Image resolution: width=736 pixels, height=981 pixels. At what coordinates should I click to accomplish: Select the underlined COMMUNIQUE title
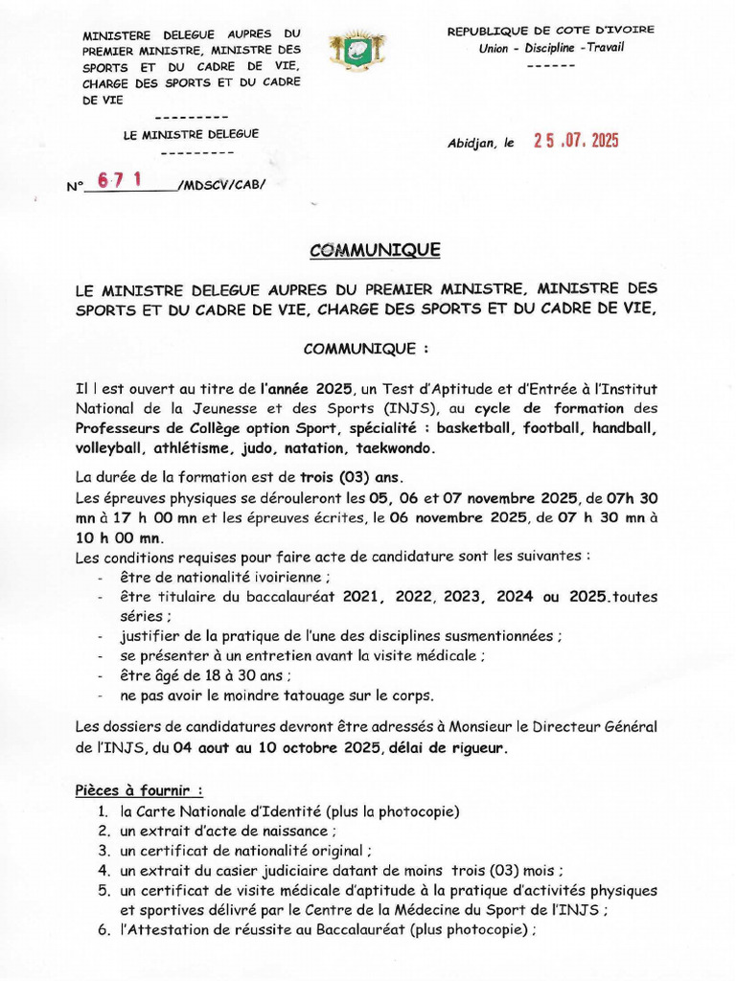click(375, 250)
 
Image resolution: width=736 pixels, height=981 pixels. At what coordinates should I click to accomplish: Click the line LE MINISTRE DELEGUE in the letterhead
click(191, 135)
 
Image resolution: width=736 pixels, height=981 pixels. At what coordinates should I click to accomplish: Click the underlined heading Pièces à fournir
click(139, 791)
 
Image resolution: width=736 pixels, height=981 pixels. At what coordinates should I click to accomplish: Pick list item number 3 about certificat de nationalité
click(245, 850)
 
